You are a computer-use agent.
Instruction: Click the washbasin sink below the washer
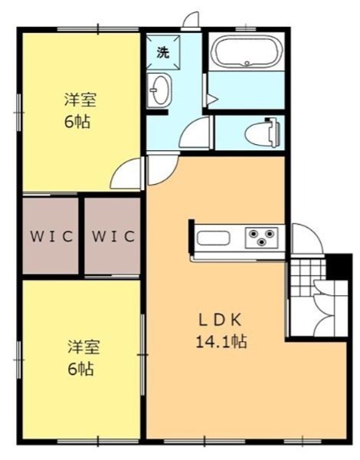click(159, 90)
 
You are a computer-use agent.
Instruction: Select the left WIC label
click(51, 236)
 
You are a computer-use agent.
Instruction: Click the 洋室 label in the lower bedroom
click(80, 347)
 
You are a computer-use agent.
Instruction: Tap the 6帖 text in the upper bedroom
click(80, 122)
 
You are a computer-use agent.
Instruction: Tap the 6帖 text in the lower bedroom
click(80, 369)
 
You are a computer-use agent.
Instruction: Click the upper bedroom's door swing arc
click(127, 175)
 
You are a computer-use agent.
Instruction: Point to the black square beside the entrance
click(335, 265)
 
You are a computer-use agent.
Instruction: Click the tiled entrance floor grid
click(302, 271)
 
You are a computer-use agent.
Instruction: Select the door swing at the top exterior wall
click(191, 21)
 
